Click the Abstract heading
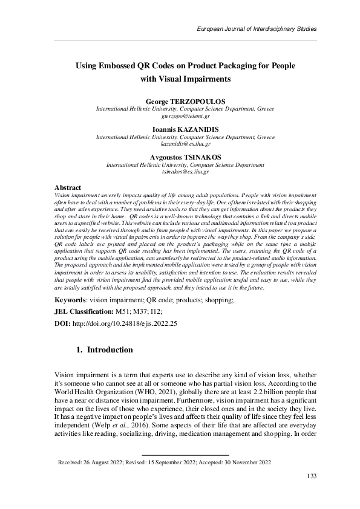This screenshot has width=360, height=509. pyautogui.click(x=68, y=188)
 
